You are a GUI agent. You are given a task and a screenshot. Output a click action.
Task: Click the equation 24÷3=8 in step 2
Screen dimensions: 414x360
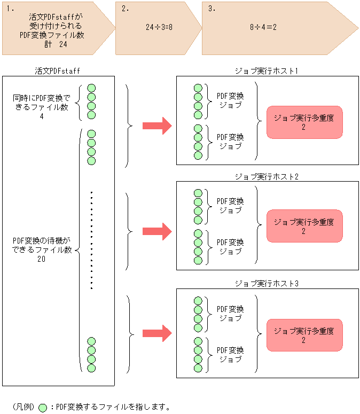[159, 26]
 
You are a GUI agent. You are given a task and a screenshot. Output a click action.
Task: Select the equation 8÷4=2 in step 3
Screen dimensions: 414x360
[263, 26]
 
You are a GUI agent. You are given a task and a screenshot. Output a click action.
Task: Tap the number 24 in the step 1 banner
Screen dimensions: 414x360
[63, 45]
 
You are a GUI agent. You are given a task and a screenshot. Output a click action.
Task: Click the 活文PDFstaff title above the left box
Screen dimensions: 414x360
[57, 71]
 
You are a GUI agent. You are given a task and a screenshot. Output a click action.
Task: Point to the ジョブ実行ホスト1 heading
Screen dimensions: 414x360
[267, 71]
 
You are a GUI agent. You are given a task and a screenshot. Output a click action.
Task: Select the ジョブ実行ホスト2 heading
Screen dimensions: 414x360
[267, 176]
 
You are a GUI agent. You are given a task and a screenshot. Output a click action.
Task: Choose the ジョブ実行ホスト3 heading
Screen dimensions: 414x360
[267, 283]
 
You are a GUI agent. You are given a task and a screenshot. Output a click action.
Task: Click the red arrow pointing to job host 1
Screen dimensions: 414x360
[156, 126]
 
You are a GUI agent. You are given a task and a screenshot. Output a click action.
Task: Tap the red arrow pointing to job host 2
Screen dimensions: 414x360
[156, 231]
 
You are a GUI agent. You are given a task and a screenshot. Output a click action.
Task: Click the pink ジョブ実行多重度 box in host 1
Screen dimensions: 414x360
[304, 122]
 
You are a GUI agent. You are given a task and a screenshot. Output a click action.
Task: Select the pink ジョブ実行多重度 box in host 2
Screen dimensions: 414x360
[304, 226]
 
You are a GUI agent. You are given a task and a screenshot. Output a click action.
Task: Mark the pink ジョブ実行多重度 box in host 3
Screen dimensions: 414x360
[304, 335]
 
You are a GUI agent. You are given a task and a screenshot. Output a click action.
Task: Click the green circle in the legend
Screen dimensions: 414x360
[43, 407]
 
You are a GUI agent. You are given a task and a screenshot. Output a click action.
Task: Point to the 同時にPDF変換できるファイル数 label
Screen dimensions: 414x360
[42, 107]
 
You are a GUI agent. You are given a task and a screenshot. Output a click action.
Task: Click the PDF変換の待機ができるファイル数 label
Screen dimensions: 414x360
[42, 249]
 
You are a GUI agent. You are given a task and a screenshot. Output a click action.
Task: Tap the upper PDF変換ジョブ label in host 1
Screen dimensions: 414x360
[230, 100]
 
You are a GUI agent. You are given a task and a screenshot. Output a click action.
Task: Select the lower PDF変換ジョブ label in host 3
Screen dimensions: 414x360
[230, 354]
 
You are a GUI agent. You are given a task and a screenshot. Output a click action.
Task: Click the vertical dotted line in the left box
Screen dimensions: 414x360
[91, 240]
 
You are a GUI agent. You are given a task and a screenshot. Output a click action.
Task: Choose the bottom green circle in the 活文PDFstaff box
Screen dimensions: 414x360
[91, 368]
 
